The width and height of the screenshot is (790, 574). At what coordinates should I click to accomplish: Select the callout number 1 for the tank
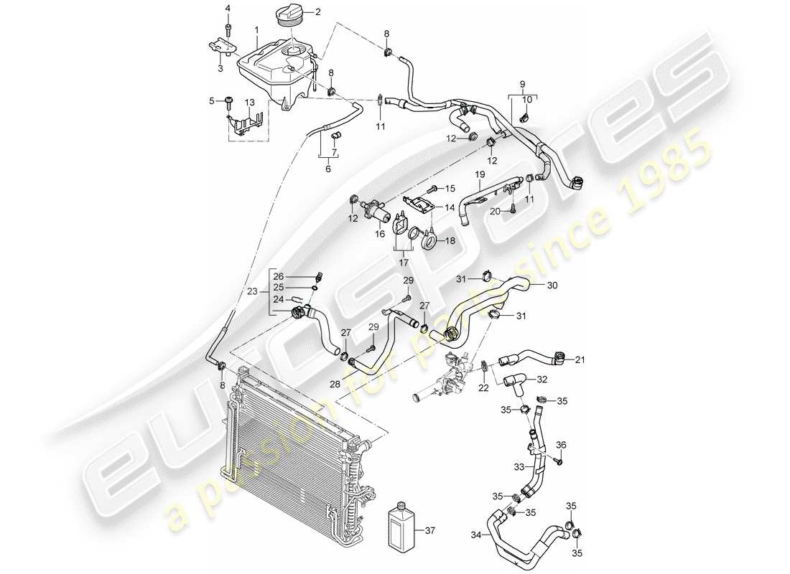[x=256, y=30]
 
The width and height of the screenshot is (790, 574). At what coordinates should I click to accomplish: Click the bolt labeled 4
[x=229, y=27]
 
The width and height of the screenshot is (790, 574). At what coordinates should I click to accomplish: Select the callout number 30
[x=552, y=285]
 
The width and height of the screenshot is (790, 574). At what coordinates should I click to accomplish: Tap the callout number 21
[x=580, y=361]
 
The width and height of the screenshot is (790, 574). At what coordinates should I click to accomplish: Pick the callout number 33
[x=518, y=467]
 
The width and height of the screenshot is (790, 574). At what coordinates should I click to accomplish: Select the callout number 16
[x=380, y=234]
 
